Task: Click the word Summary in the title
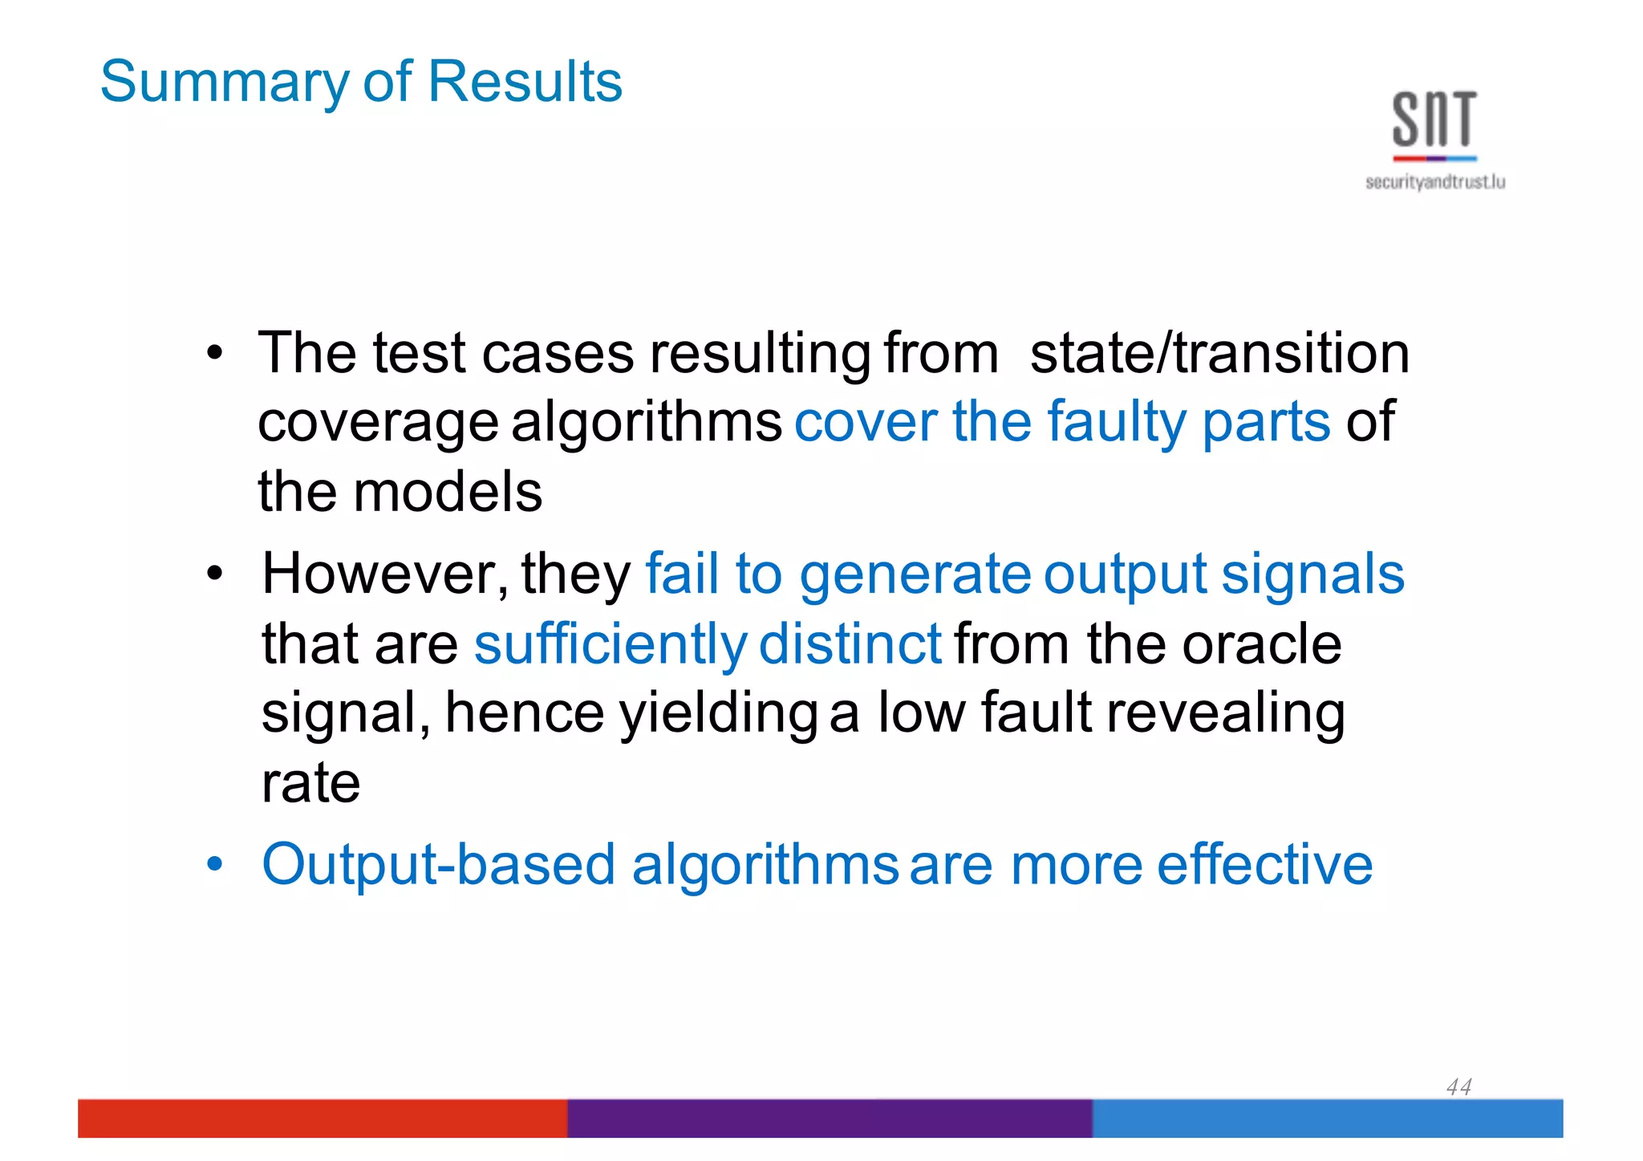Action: point(225,83)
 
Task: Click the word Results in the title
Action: point(525,82)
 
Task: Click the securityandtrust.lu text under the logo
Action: point(1434,182)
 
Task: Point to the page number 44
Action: point(1458,1086)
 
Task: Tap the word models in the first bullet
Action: point(448,492)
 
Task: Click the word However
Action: point(383,574)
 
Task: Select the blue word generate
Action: point(915,575)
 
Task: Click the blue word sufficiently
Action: point(610,644)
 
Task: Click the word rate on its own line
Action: point(310,783)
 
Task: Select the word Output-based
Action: point(439,865)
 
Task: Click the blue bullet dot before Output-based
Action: point(213,865)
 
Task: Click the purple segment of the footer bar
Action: point(830,1118)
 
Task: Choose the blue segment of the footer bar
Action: point(1327,1118)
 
